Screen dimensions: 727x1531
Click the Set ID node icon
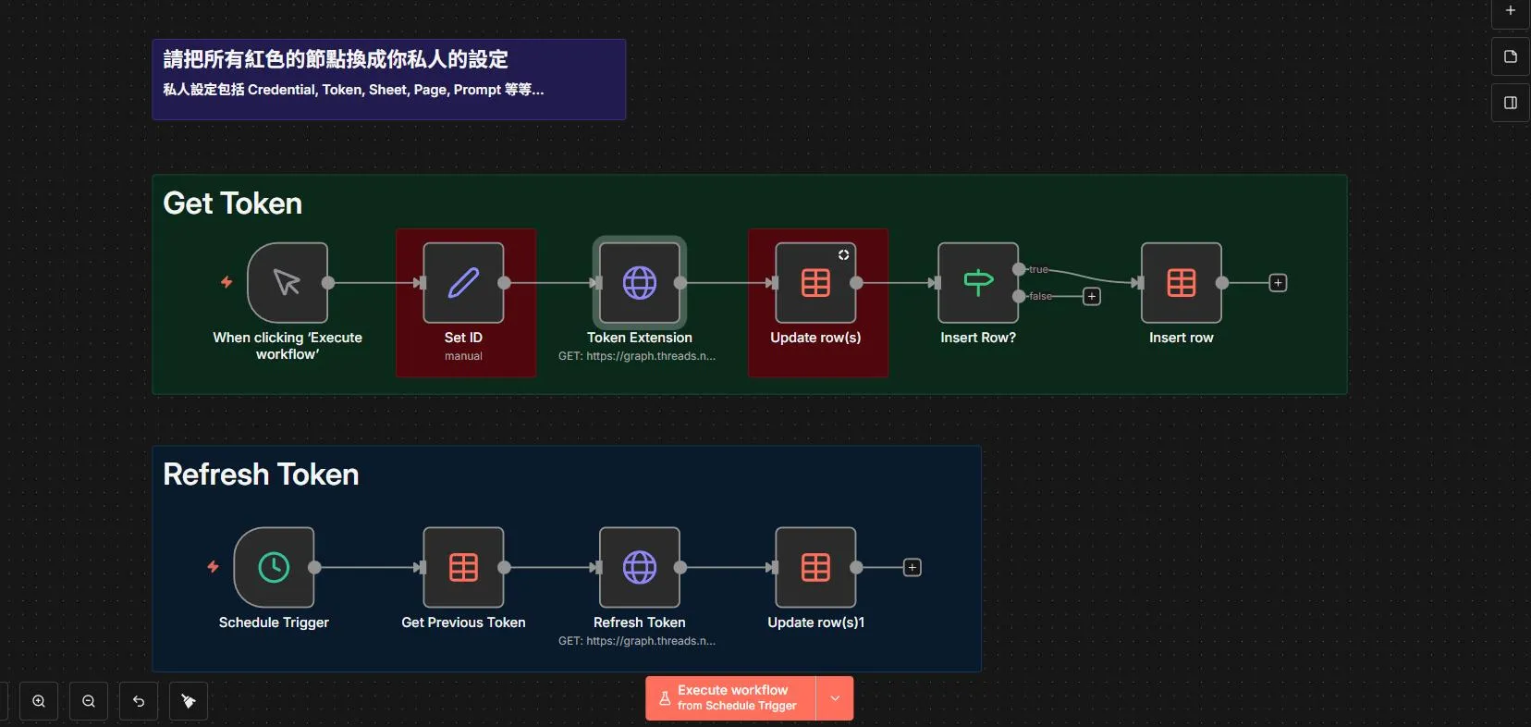tap(463, 283)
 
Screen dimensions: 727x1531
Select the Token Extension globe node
tap(640, 283)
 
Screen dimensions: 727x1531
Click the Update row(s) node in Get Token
tap(815, 283)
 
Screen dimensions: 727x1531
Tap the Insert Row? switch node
tap(978, 283)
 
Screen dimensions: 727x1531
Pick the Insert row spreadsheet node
tap(1182, 283)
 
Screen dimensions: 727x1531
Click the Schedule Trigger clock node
tap(274, 567)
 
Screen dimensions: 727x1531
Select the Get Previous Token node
tap(463, 567)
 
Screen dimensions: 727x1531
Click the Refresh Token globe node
tap(640, 567)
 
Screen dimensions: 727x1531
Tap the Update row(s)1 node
tap(815, 567)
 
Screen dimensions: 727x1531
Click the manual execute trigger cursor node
tap(288, 283)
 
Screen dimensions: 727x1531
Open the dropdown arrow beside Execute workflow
tap(835, 698)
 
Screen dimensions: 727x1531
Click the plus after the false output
tap(1092, 297)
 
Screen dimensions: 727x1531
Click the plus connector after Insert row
tap(1278, 283)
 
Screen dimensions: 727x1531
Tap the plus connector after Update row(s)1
tap(912, 567)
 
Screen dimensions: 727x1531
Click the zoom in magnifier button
tap(39, 701)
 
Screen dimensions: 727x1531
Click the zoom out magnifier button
tap(89, 701)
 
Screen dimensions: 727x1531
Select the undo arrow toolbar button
tap(139, 701)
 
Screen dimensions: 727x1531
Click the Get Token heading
tap(233, 203)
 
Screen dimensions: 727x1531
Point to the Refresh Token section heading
tap(261, 474)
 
